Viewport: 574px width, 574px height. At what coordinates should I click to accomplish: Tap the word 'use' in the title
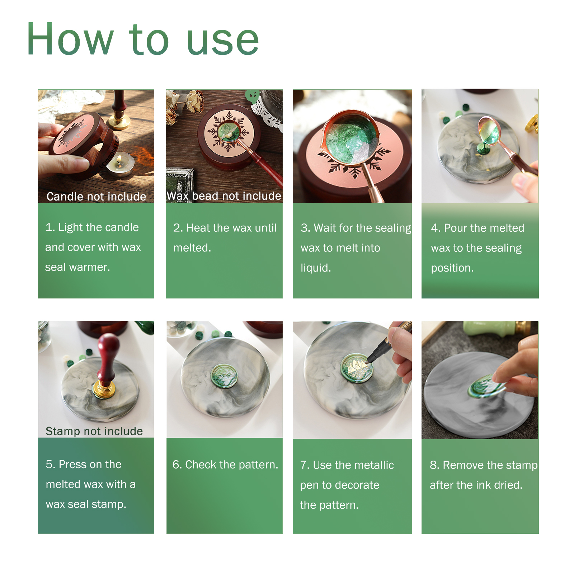(x=223, y=42)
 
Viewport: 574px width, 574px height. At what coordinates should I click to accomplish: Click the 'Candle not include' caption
(x=96, y=197)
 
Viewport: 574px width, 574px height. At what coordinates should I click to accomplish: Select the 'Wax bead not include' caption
(x=224, y=196)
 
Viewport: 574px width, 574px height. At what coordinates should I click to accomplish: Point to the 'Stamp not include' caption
(x=94, y=431)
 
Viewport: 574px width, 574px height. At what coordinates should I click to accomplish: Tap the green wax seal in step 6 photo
(x=224, y=376)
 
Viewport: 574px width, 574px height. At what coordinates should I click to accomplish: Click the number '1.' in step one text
(x=50, y=227)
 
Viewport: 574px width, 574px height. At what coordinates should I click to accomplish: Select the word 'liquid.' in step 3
(x=316, y=268)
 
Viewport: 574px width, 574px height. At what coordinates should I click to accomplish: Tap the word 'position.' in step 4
(x=452, y=268)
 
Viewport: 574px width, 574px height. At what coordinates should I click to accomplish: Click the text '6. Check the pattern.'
(x=225, y=465)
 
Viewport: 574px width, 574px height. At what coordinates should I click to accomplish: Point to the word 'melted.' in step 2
(x=192, y=248)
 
